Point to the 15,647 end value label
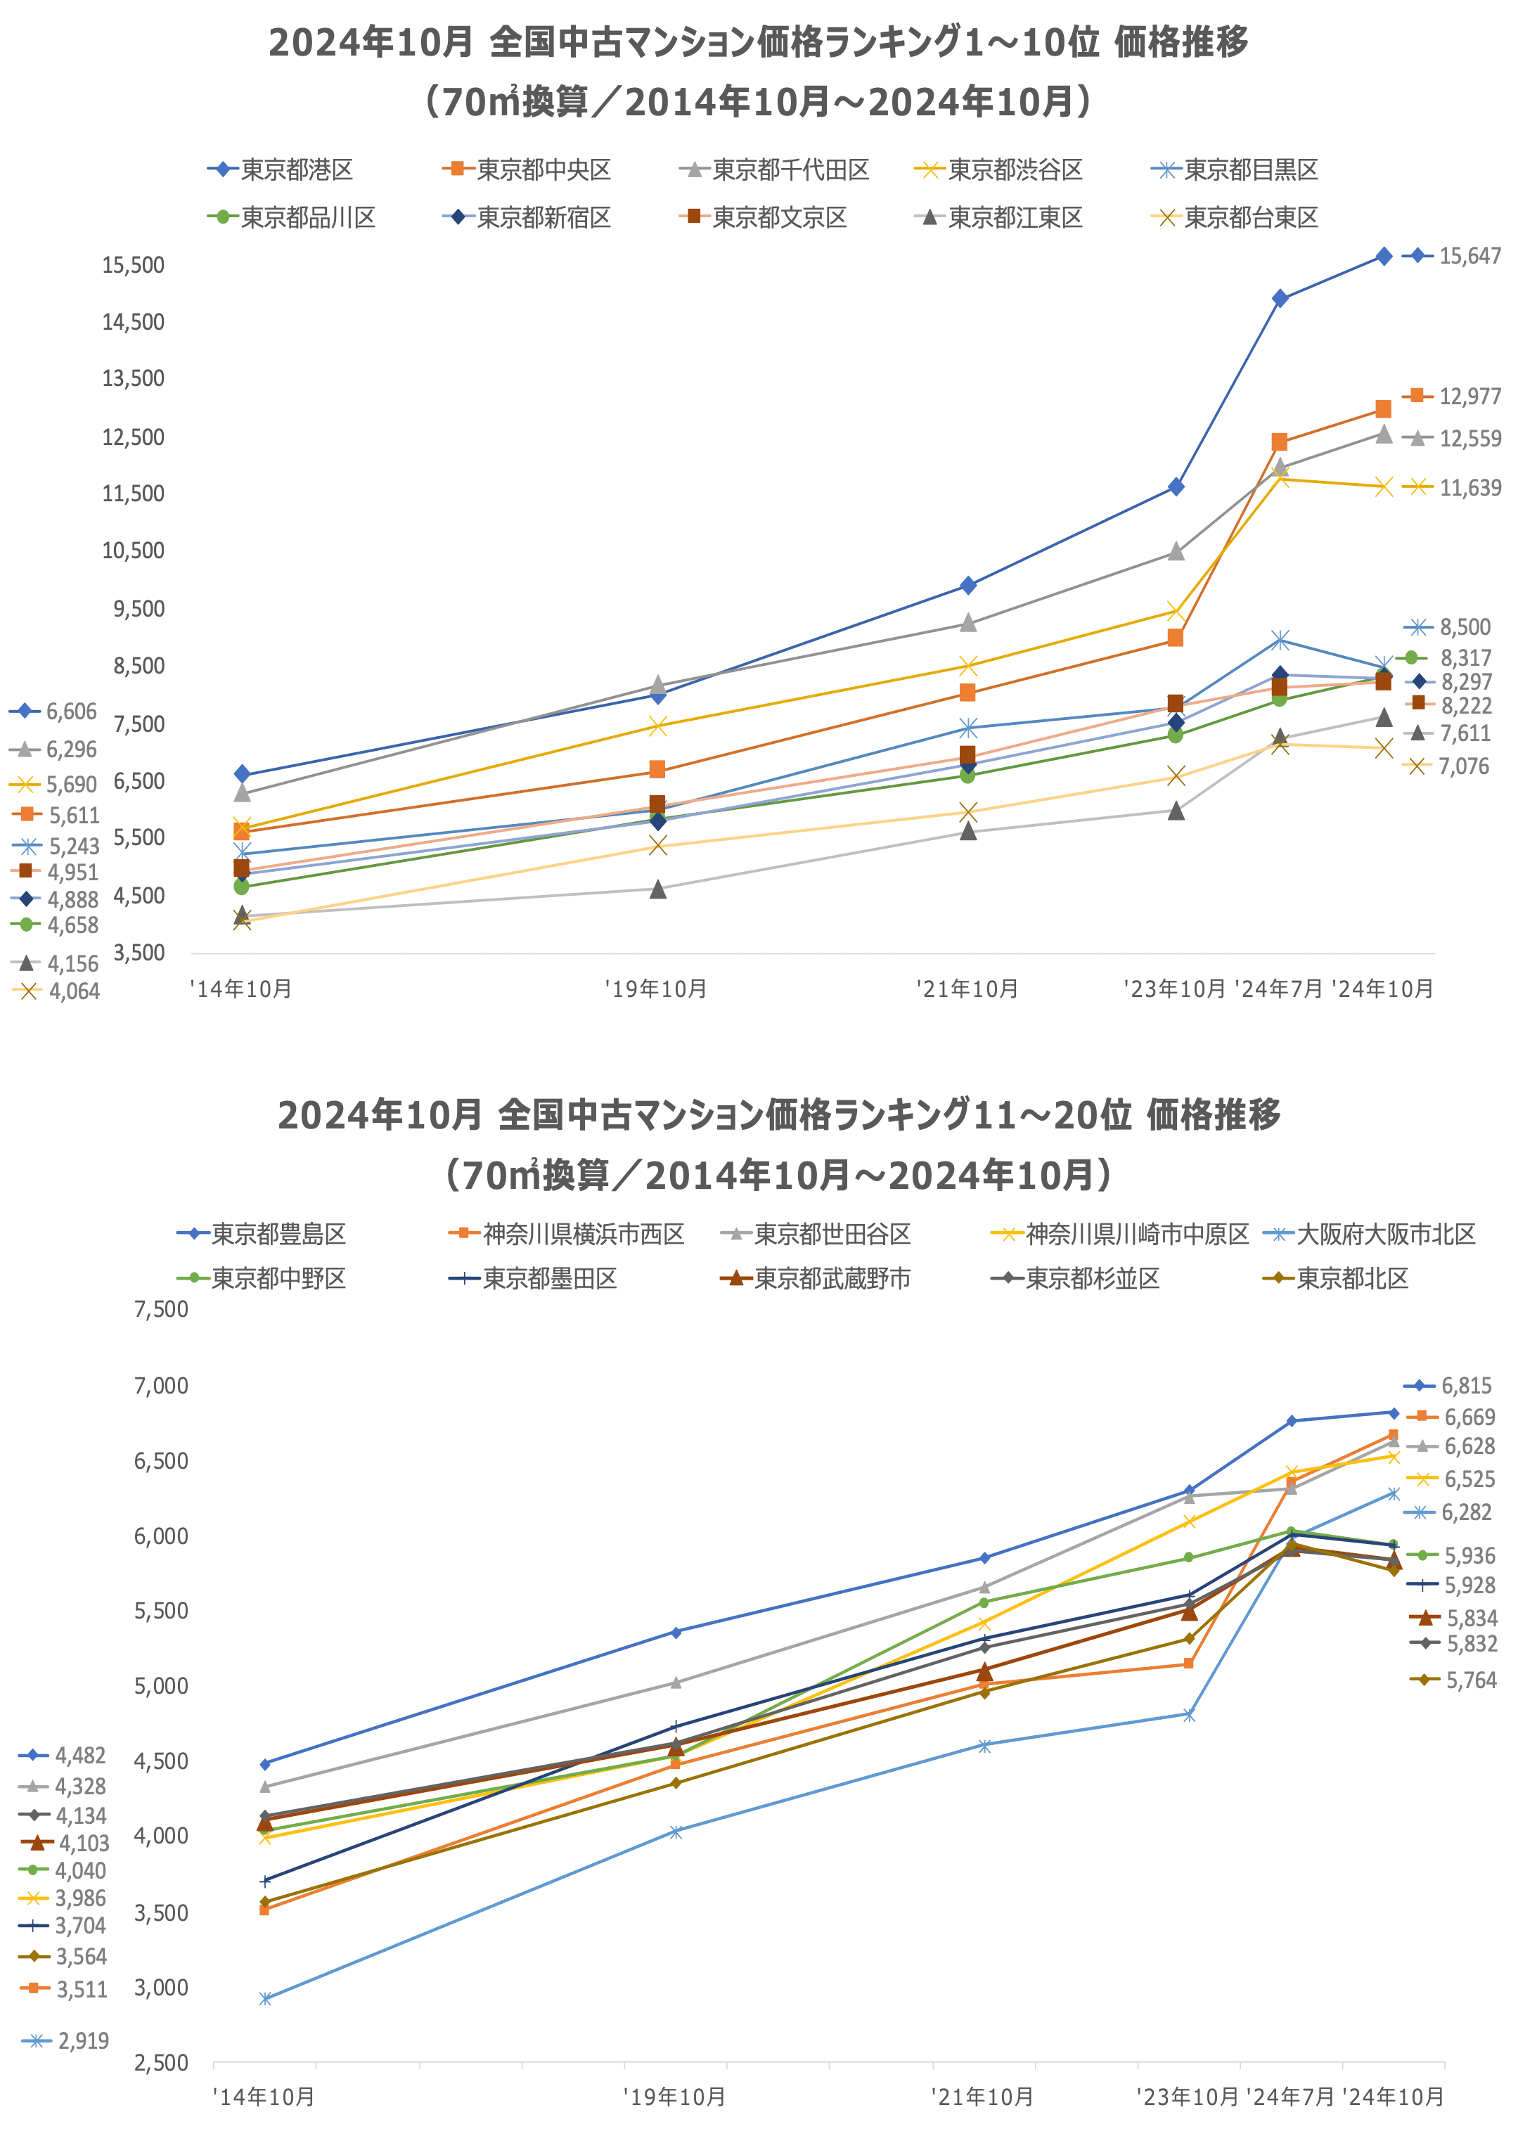[1470, 256]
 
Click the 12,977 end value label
[1470, 397]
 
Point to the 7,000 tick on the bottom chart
[161, 1385]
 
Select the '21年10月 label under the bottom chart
[982, 2097]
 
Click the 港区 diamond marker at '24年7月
[1280, 299]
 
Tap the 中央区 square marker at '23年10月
[1176, 638]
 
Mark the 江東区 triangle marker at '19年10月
[658, 889]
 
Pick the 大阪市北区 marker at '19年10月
[676, 1832]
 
